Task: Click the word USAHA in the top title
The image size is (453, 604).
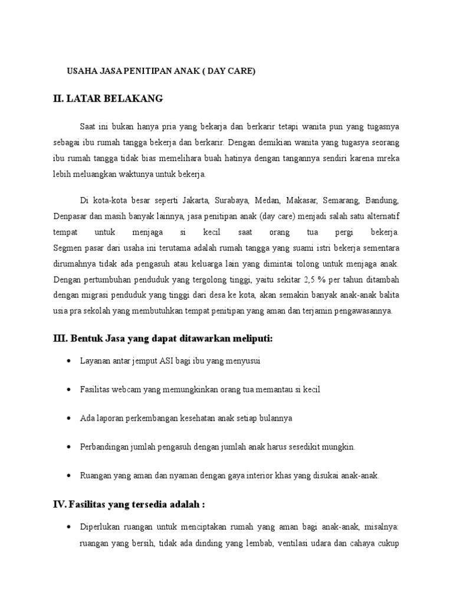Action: [x=80, y=71]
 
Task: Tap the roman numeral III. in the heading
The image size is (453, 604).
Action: [x=60, y=337]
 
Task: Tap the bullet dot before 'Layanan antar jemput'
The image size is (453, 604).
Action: [x=70, y=360]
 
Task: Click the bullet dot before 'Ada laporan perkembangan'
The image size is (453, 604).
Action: [x=70, y=418]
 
